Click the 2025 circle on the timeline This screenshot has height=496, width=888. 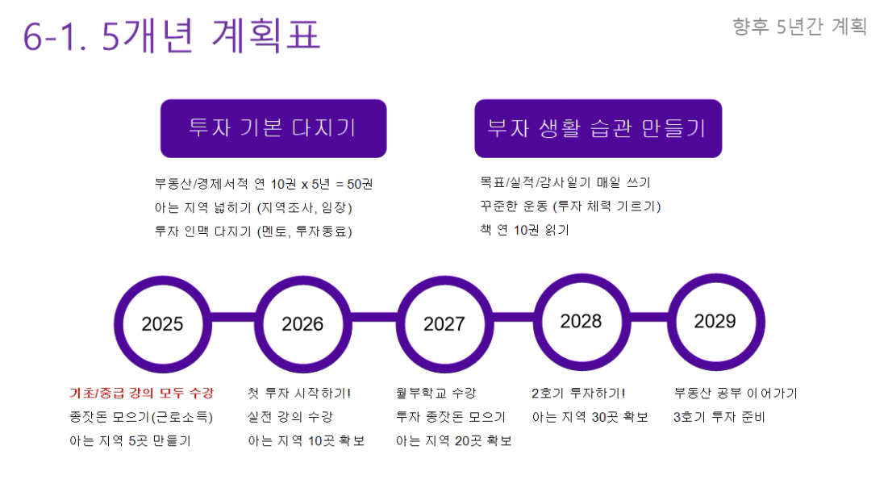click(x=163, y=281)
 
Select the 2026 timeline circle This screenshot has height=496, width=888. click(x=303, y=281)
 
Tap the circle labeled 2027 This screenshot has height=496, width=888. click(x=444, y=281)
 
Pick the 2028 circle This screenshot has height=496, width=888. click(x=582, y=278)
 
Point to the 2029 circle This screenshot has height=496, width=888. click(x=716, y=278)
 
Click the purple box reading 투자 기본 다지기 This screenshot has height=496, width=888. click(x=273, y=128)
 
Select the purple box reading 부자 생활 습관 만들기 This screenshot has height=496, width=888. click(x=598, y=128)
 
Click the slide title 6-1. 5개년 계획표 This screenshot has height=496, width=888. click(x=171, y=35)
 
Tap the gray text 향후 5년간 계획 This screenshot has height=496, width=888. click(x=799, y=26)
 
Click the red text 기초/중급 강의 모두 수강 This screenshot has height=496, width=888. click(x=142, y=393)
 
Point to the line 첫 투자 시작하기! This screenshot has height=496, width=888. click(x=299, y=393)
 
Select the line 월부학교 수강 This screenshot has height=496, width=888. click(x=436, y=393)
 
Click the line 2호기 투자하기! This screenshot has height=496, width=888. click(x=578, y=393)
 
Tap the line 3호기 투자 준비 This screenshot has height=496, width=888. click(x=719, y=417)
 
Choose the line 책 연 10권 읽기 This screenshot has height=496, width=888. click(x=524, y=230)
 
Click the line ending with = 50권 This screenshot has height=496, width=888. click(x=264, y=184)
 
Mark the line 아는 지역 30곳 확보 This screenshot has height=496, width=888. click(x=590, y=417)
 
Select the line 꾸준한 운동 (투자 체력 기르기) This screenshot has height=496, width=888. click(x=570, y=206)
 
